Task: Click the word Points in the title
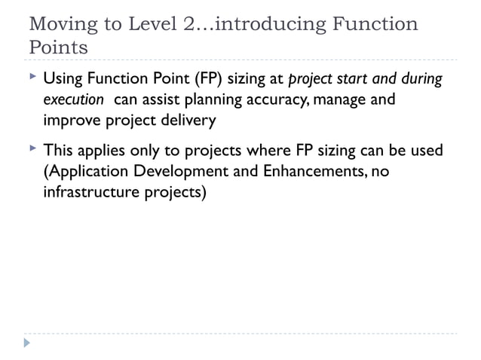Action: pyautogui.click(x=57, y=47)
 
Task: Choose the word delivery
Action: pyautogui.click(x=188, y=121)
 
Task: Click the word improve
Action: pyautogui.click(x=69, y=121)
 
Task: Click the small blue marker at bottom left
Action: pyautogui.click(x=27, y=343)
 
